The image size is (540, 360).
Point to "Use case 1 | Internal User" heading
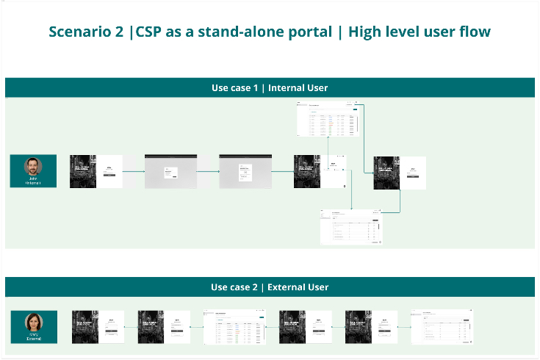(270, 88)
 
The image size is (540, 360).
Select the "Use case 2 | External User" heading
(270, 287)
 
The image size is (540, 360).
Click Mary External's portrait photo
(33, 322)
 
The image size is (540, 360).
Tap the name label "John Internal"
(33, 181)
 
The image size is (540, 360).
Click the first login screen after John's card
(96, 171)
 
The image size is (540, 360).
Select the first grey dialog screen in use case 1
(170, 171)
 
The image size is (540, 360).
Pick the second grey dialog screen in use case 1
(245, 171)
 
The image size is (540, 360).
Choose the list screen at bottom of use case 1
(351, 227)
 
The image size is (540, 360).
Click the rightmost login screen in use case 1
(400, 173)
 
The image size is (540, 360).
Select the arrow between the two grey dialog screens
(208, 172)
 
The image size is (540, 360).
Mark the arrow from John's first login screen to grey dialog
(133, 172)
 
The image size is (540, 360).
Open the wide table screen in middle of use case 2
(234, 327)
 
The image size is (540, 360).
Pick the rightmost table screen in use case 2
(442, 327)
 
